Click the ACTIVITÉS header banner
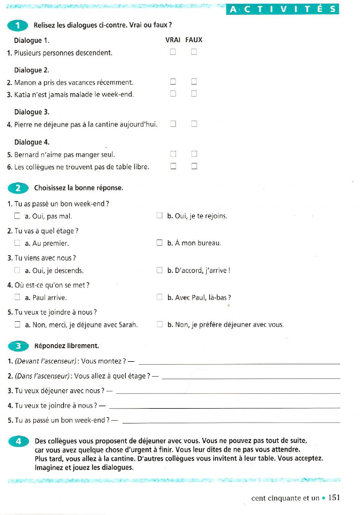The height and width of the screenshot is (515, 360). pyautogui.click(x=282, y=9)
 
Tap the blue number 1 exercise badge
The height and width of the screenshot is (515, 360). pyautogui.click(x=18, y=26)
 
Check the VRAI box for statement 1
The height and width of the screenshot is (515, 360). pyautogui.click(x=173, y=53)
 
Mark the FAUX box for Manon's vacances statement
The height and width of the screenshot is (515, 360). pyautogui.click(x=194, y=82)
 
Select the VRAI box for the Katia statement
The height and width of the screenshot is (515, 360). pyautogui.click(x=173, y=94)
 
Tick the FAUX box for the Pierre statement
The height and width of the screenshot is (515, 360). pyautogui.click(x=194, y=124)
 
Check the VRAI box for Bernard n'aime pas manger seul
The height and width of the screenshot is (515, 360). pyautogui.click(x=173, y=154)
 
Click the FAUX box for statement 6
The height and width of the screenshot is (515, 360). pyautogui.click(x=194, y=166)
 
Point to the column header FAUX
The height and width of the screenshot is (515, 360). pyautogui.click(x=194, y=40)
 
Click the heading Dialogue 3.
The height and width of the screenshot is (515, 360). pyautogui.click(x=31, y=112)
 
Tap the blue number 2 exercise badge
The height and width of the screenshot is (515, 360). pyautogui.click(x=18, y=188)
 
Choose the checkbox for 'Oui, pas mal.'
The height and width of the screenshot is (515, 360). pyautogui.click(x=17, y=217)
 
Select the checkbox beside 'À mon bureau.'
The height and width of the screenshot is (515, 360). pyautogui.click(x=159, y=243)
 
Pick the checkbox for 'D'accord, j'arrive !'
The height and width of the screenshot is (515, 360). pyautogui.click(x=159, y=270)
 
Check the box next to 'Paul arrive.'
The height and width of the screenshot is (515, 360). pyautogui.click(x=17, y=298)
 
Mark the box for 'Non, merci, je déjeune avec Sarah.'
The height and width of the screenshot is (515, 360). pyautogui.click(x=17, y=325)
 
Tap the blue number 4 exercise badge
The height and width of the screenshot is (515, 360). pyautogui.click(x=18, y=441)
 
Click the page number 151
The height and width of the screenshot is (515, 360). pyautogui.click(x=334, y=498)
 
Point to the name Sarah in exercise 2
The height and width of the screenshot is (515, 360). pyautogui.click(x=129, y=325)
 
